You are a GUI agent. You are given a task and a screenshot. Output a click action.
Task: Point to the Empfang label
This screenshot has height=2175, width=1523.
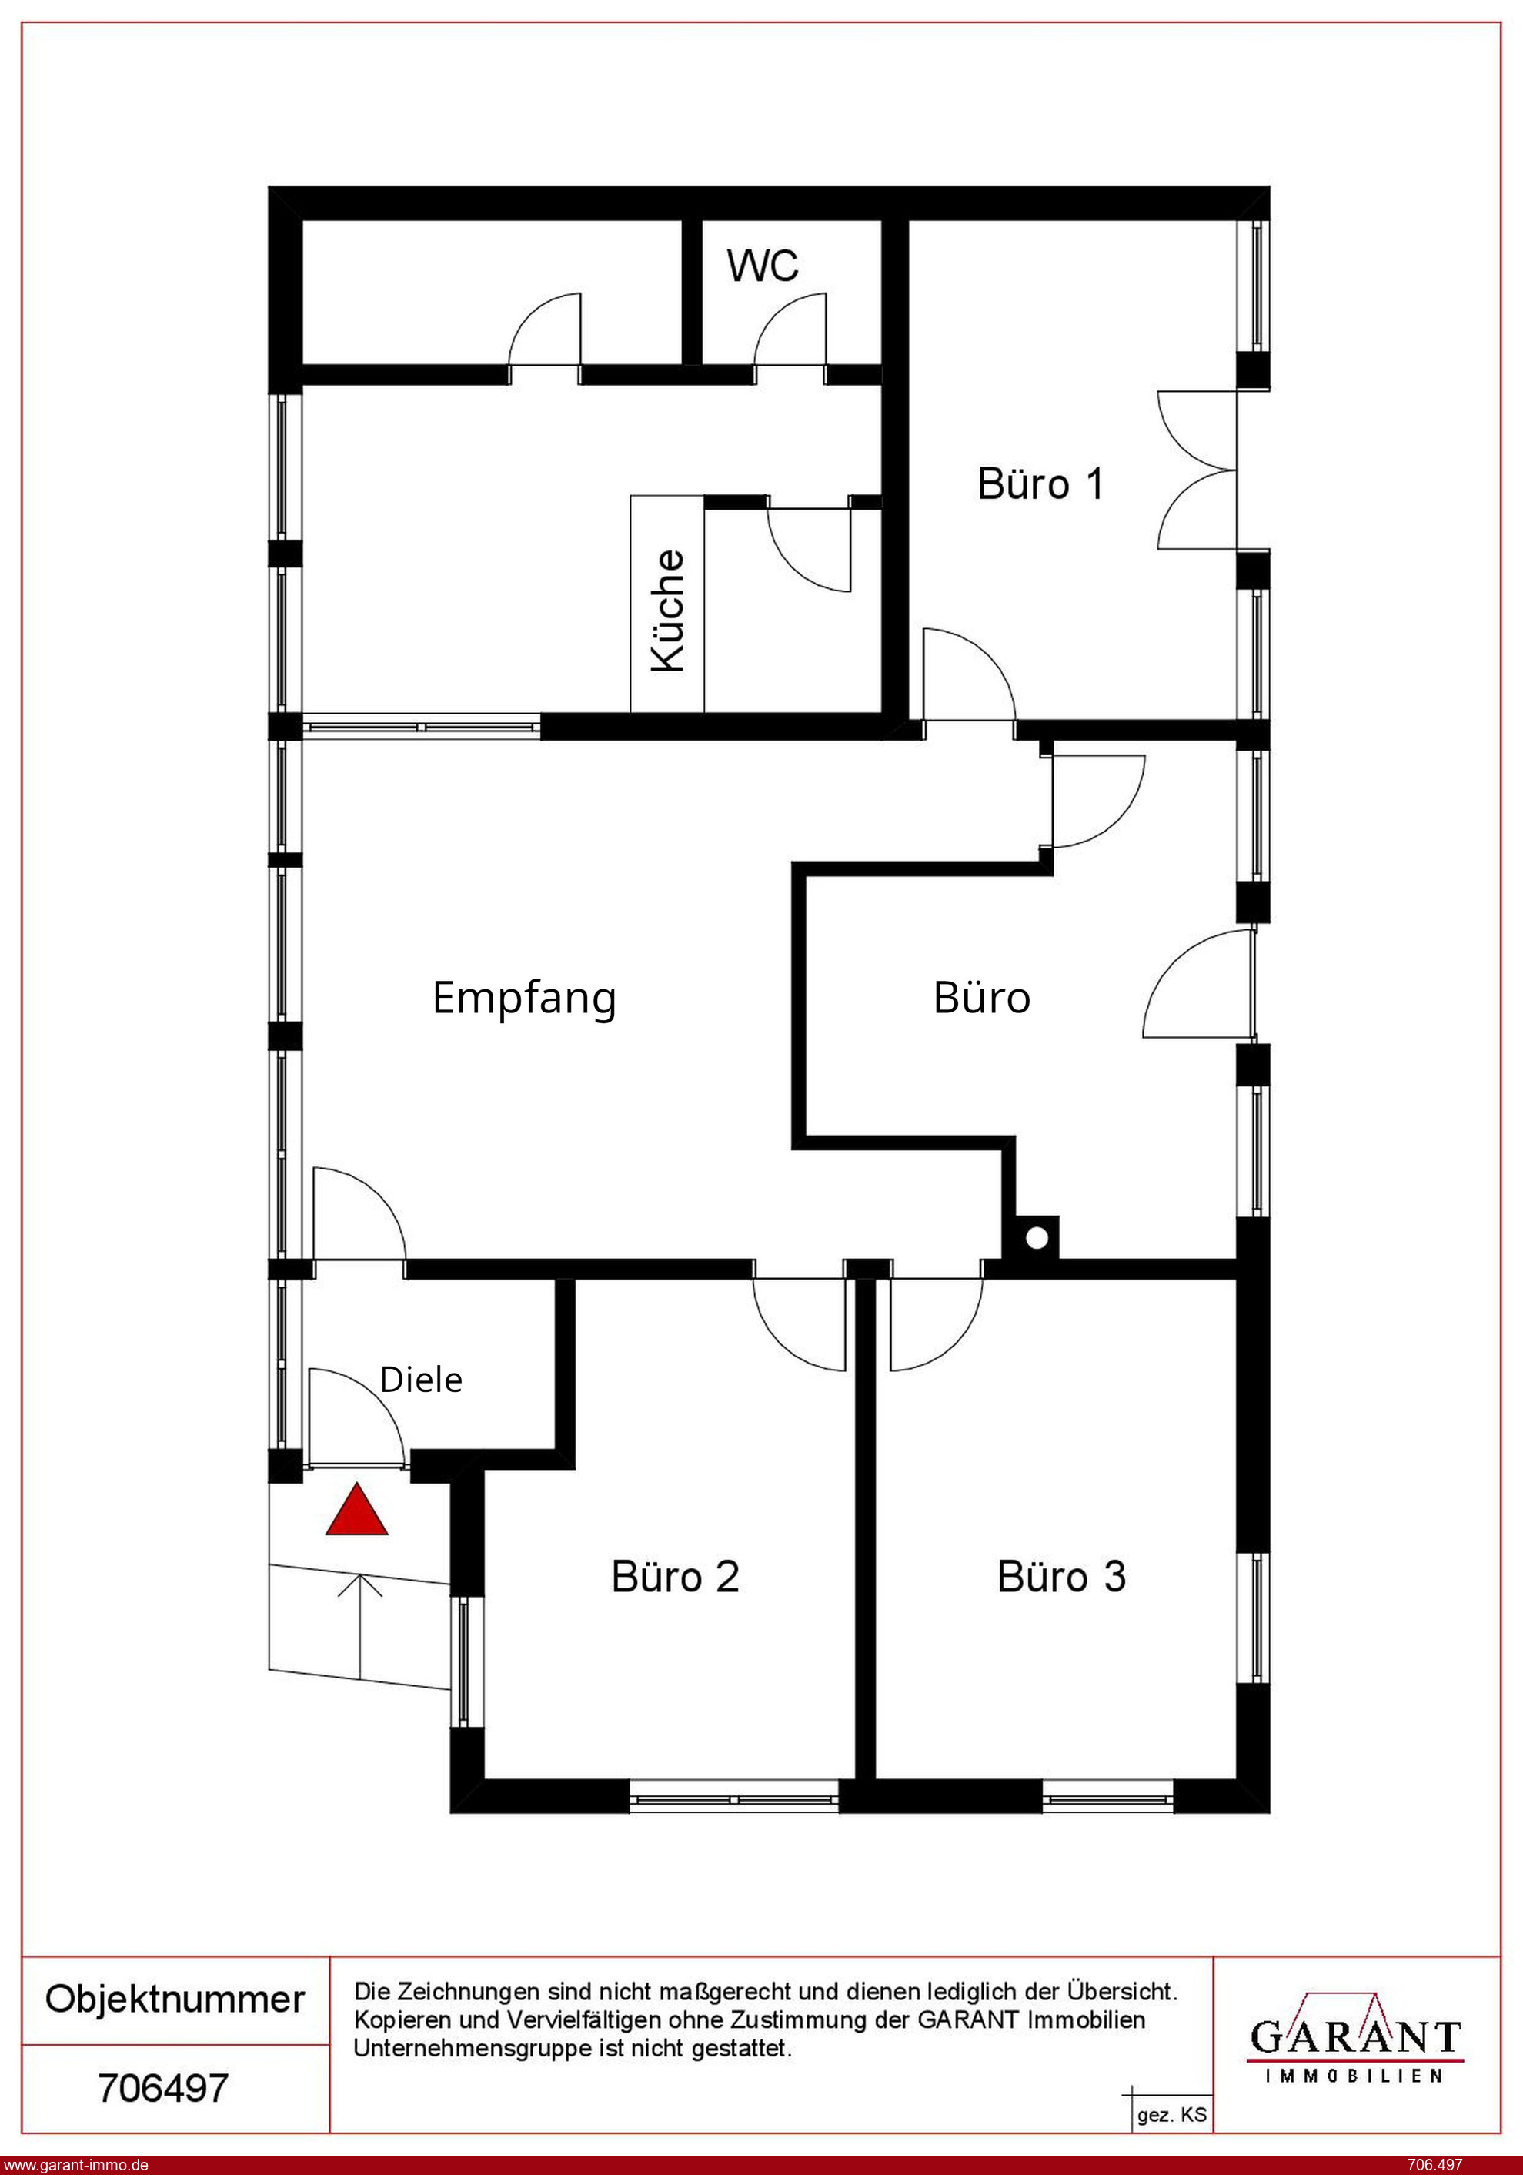coord(524,999)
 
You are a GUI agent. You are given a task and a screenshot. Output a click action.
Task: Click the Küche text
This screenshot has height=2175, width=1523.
coord(668,611)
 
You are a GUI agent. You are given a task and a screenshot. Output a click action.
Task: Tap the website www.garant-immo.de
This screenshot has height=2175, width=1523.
coord(75,2164)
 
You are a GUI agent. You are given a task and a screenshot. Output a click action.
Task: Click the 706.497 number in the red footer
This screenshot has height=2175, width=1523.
coord(1436,2164)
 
